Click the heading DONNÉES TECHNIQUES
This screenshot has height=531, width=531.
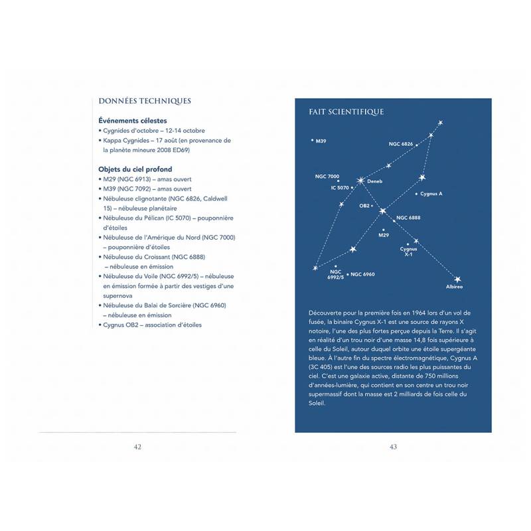point(144,101)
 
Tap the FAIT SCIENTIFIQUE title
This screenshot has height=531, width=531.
point(346,112)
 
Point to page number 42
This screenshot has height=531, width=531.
point(137,447)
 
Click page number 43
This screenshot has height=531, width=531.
point(393,447)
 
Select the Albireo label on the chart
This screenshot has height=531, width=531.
point(455,287)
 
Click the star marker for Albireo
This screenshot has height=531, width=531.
point(457,279)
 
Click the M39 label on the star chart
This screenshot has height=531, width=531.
point(321,141)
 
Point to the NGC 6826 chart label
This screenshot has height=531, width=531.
point(401,144)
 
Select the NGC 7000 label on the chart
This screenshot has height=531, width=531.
point(327,177)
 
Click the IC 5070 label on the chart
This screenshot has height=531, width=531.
point(340,188)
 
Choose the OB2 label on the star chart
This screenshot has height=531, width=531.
point(364,206)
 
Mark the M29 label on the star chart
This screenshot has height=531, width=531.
point(384,235)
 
